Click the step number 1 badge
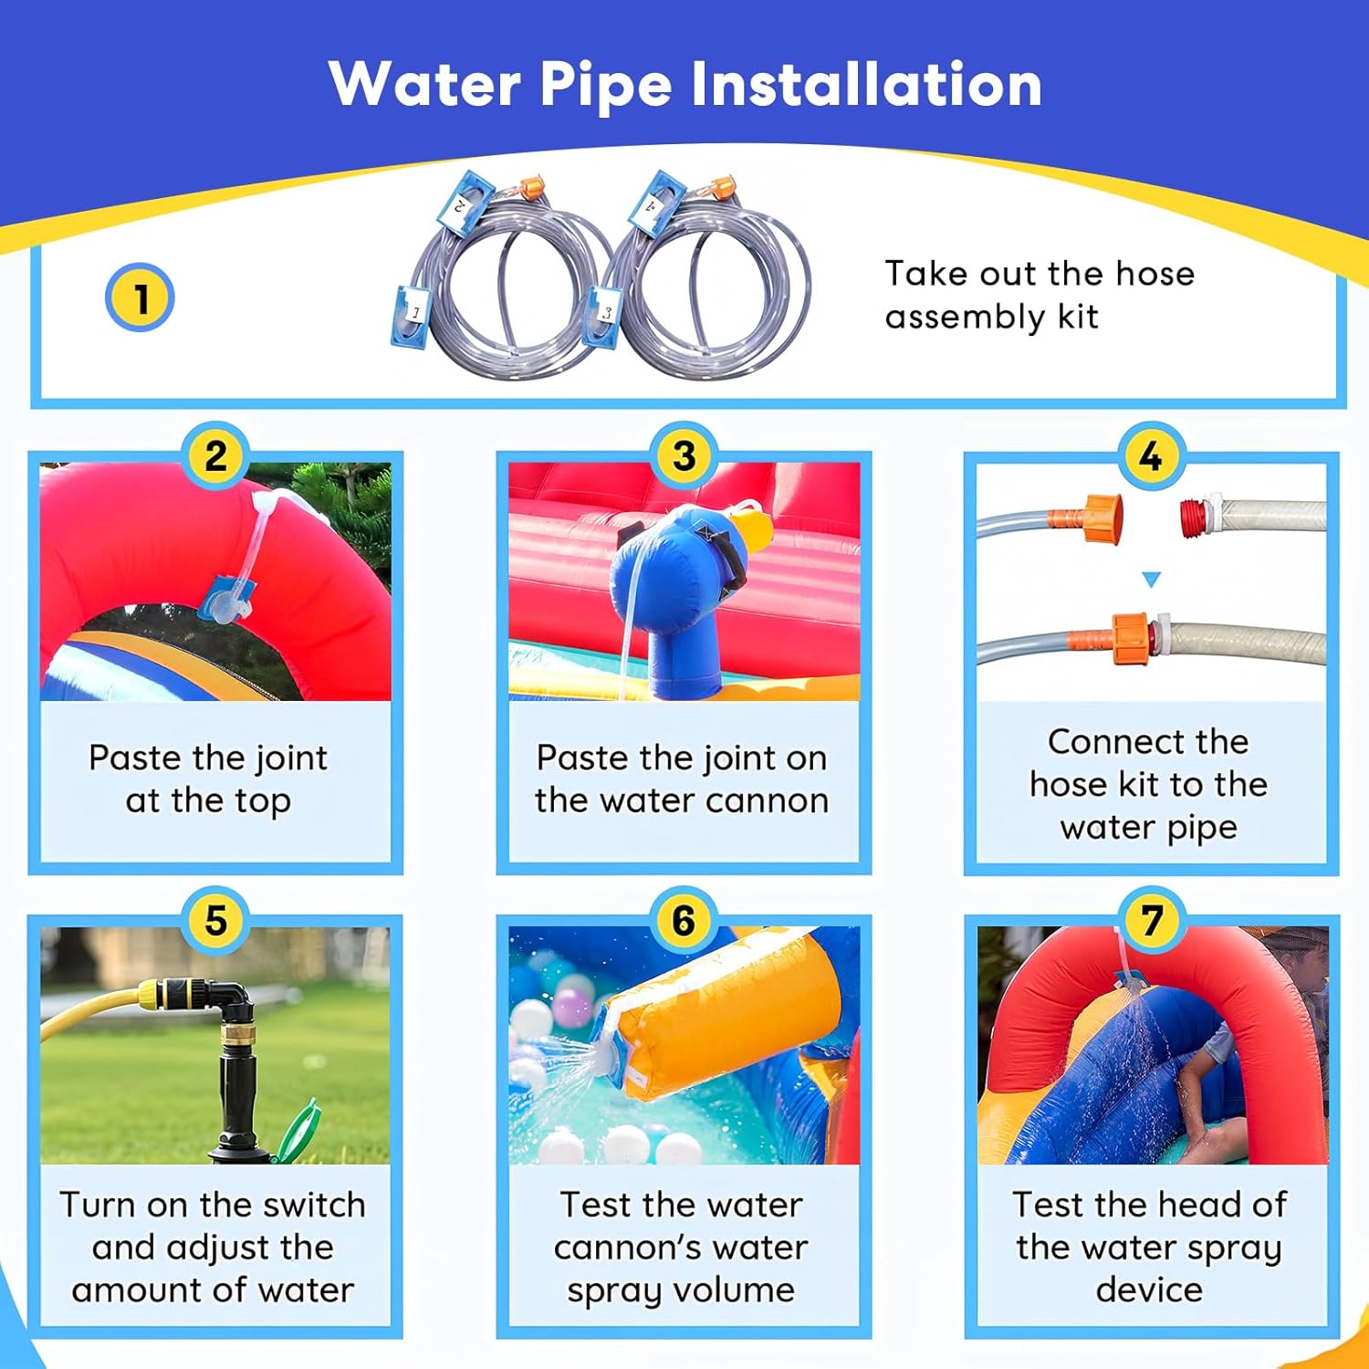(140, 298)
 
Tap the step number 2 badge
(215, 455)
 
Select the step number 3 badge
(684, 455)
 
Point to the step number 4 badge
(1151, 455)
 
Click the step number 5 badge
(215, 920)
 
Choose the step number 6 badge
(684, 920)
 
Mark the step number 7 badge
(1151, 920)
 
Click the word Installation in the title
(865, 84)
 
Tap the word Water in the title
(424, 84)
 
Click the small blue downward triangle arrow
(1151, 580)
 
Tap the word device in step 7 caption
(1149, 1290)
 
